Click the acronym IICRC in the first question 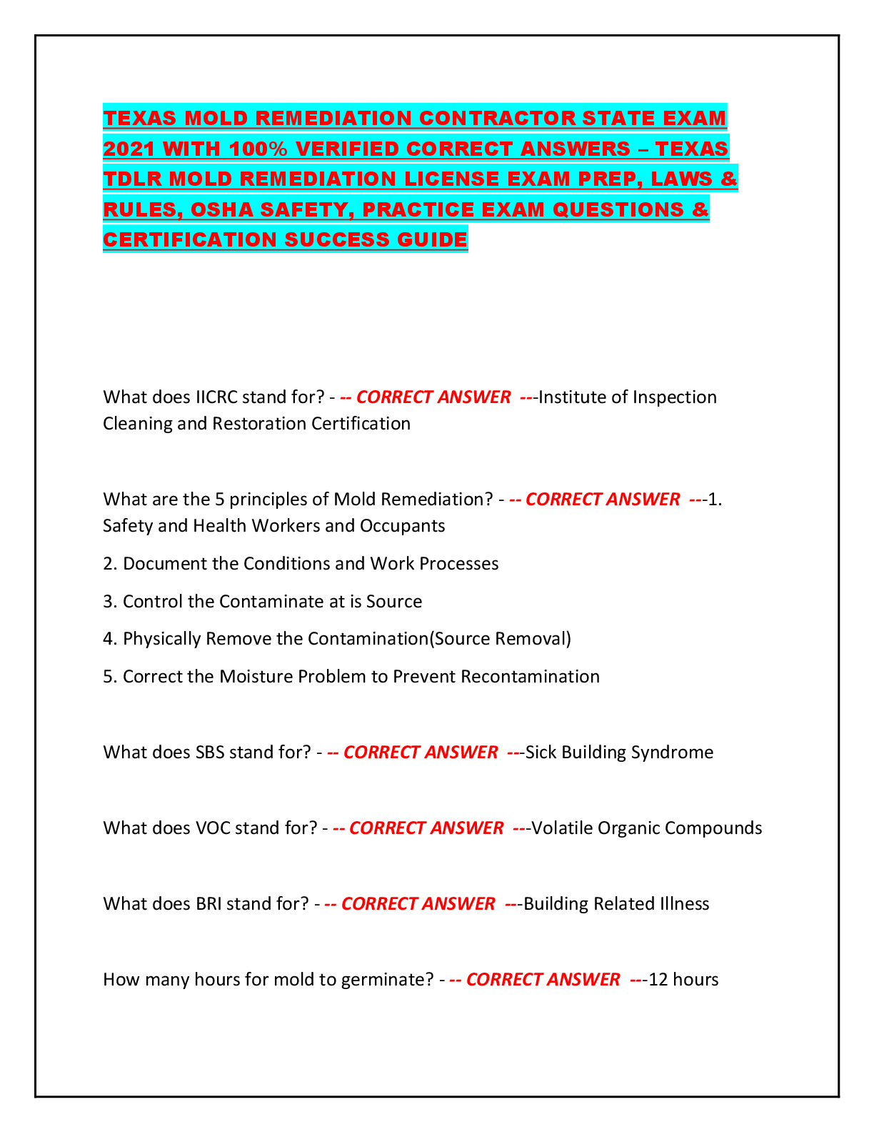216,397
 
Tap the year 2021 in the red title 129,149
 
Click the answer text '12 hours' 684,979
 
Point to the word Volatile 562,828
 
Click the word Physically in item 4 162,638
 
